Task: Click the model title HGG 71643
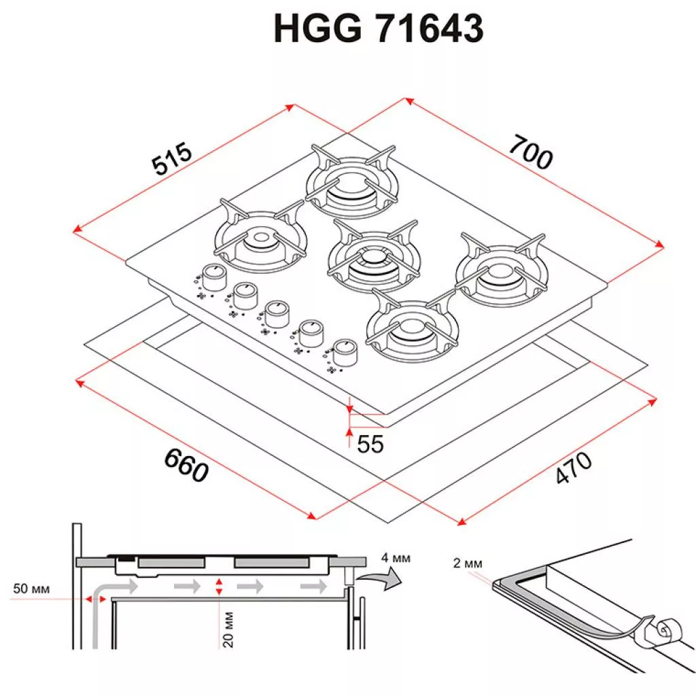click(378, 28)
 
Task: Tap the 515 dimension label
click(172, 158)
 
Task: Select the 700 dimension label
click(531, 153)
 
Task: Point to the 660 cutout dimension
click(186, 465)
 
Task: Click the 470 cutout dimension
click(574, 468)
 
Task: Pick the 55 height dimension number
click(370, 444)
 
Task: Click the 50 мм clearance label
click(31, 589)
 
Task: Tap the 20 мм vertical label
click(228, 629)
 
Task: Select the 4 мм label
click(396, 557)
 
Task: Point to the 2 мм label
click(468, 563)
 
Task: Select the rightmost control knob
click(345, 353)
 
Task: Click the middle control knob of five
click(277, 313)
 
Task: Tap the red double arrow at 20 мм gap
click(218, 587)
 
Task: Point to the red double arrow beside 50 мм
click(96, 599)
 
